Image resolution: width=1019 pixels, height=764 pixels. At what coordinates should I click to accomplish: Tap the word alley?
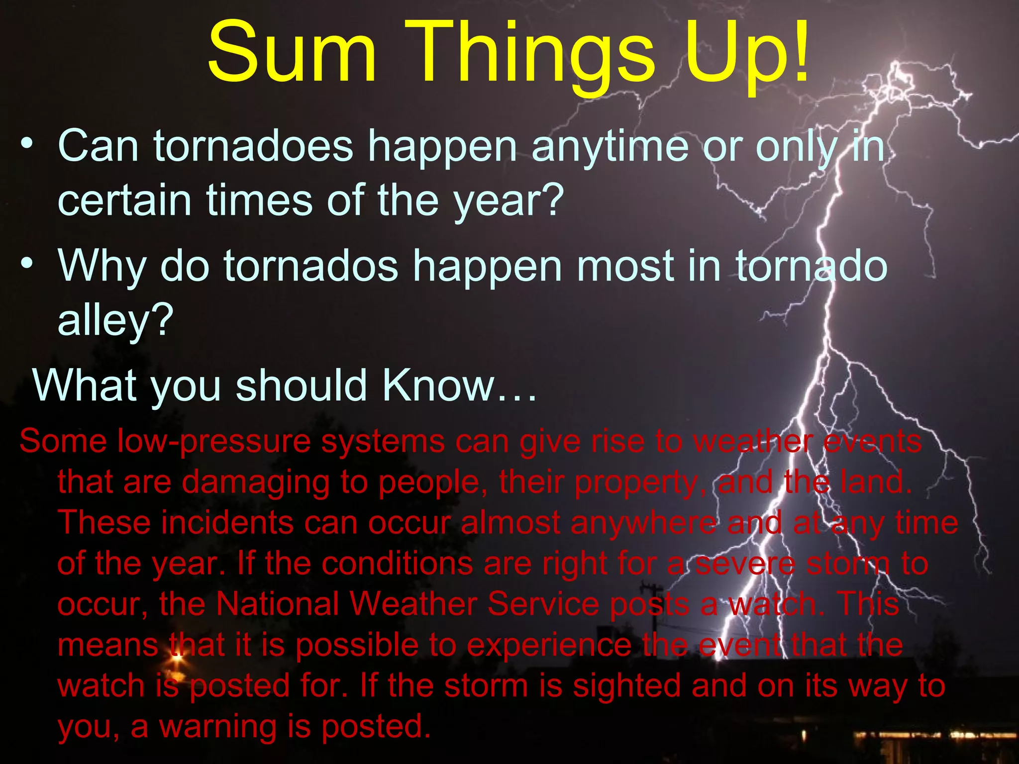(x=115, y=321)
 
